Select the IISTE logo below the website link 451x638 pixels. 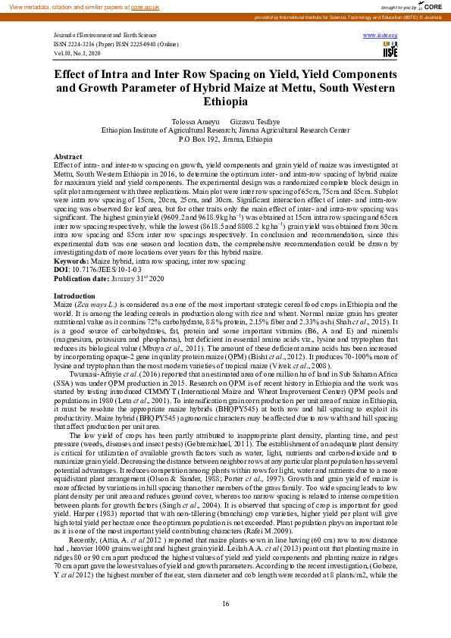390,51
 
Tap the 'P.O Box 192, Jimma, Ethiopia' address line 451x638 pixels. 225,140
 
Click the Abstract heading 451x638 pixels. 67,155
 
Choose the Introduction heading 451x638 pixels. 74,274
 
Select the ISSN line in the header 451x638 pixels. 115,44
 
